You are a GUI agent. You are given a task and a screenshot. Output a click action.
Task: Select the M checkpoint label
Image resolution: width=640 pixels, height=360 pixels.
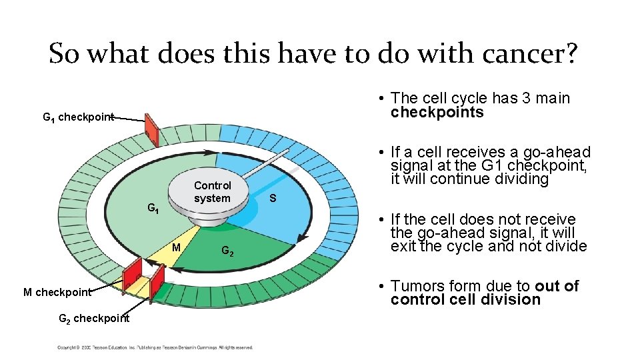(x=57, y=292)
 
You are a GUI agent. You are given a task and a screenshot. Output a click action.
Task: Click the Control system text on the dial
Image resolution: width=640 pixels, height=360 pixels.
(x=212, y=192)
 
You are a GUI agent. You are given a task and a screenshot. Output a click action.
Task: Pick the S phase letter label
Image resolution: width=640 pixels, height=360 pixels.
(x=273, y=198)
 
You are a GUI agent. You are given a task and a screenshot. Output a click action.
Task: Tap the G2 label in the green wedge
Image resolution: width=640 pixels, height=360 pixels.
(x=227, y=251)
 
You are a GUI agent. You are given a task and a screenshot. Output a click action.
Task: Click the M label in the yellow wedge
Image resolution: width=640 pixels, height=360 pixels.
(x=177, y=248)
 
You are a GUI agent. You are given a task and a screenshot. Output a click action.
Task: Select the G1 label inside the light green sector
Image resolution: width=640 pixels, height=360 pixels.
(x=153, y=209)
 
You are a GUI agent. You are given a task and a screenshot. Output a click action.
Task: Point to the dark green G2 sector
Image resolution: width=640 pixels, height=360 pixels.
(x=253, y=253)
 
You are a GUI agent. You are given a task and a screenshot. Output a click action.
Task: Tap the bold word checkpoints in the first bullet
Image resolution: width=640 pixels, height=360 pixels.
(x=437, y=112)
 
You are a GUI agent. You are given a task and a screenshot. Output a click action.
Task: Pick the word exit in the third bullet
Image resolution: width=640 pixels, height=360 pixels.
(x=403, y=246)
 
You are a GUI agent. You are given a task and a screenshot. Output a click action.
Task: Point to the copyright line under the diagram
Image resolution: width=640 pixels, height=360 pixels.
(x=155, y=347)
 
